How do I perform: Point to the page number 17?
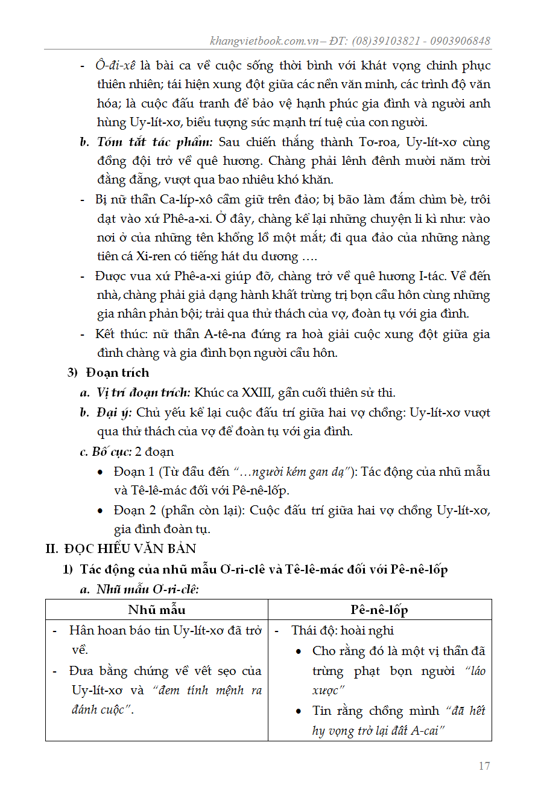tap(484, 766)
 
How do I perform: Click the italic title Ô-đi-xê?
tap(116, 66)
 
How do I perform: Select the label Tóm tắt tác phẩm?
tap(155, 143)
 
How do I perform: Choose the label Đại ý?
tap(115, 413)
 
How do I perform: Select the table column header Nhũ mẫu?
tap(156, 610)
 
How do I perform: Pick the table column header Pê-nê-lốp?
tap(379, 610)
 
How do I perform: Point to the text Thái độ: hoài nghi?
tap(342, 631)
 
